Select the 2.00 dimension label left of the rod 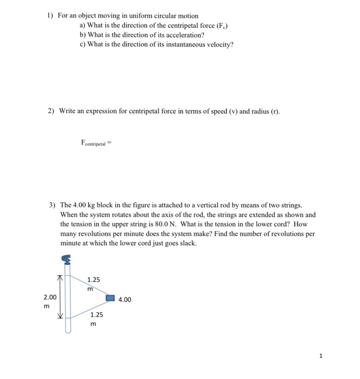50,297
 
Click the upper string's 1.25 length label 94,280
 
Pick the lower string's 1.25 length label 96,315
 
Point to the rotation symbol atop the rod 67,262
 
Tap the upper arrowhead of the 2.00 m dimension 61,278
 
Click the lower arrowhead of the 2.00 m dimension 61,317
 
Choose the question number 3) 52,206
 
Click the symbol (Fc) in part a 205,25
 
